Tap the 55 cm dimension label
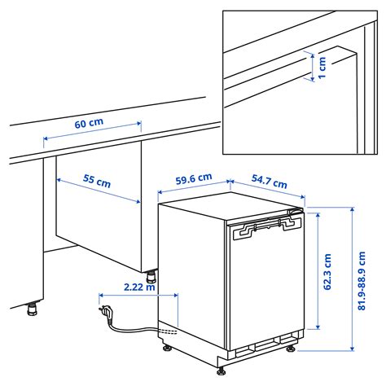pos(97,182)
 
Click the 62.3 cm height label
pos(327,274)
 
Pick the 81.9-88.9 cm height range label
pos(373,277)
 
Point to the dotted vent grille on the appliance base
pos(167,331)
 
